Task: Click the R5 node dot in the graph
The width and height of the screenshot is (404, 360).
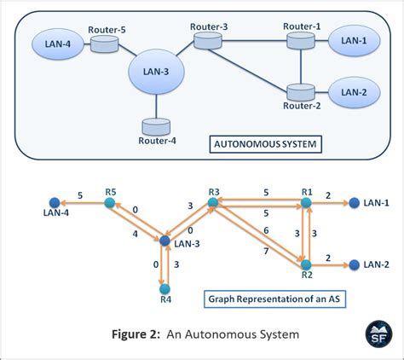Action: click(109, 205)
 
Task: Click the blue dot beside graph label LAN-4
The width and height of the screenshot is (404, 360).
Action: click(53, 205)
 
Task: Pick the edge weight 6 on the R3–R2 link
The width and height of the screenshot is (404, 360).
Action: click(268, 231)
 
